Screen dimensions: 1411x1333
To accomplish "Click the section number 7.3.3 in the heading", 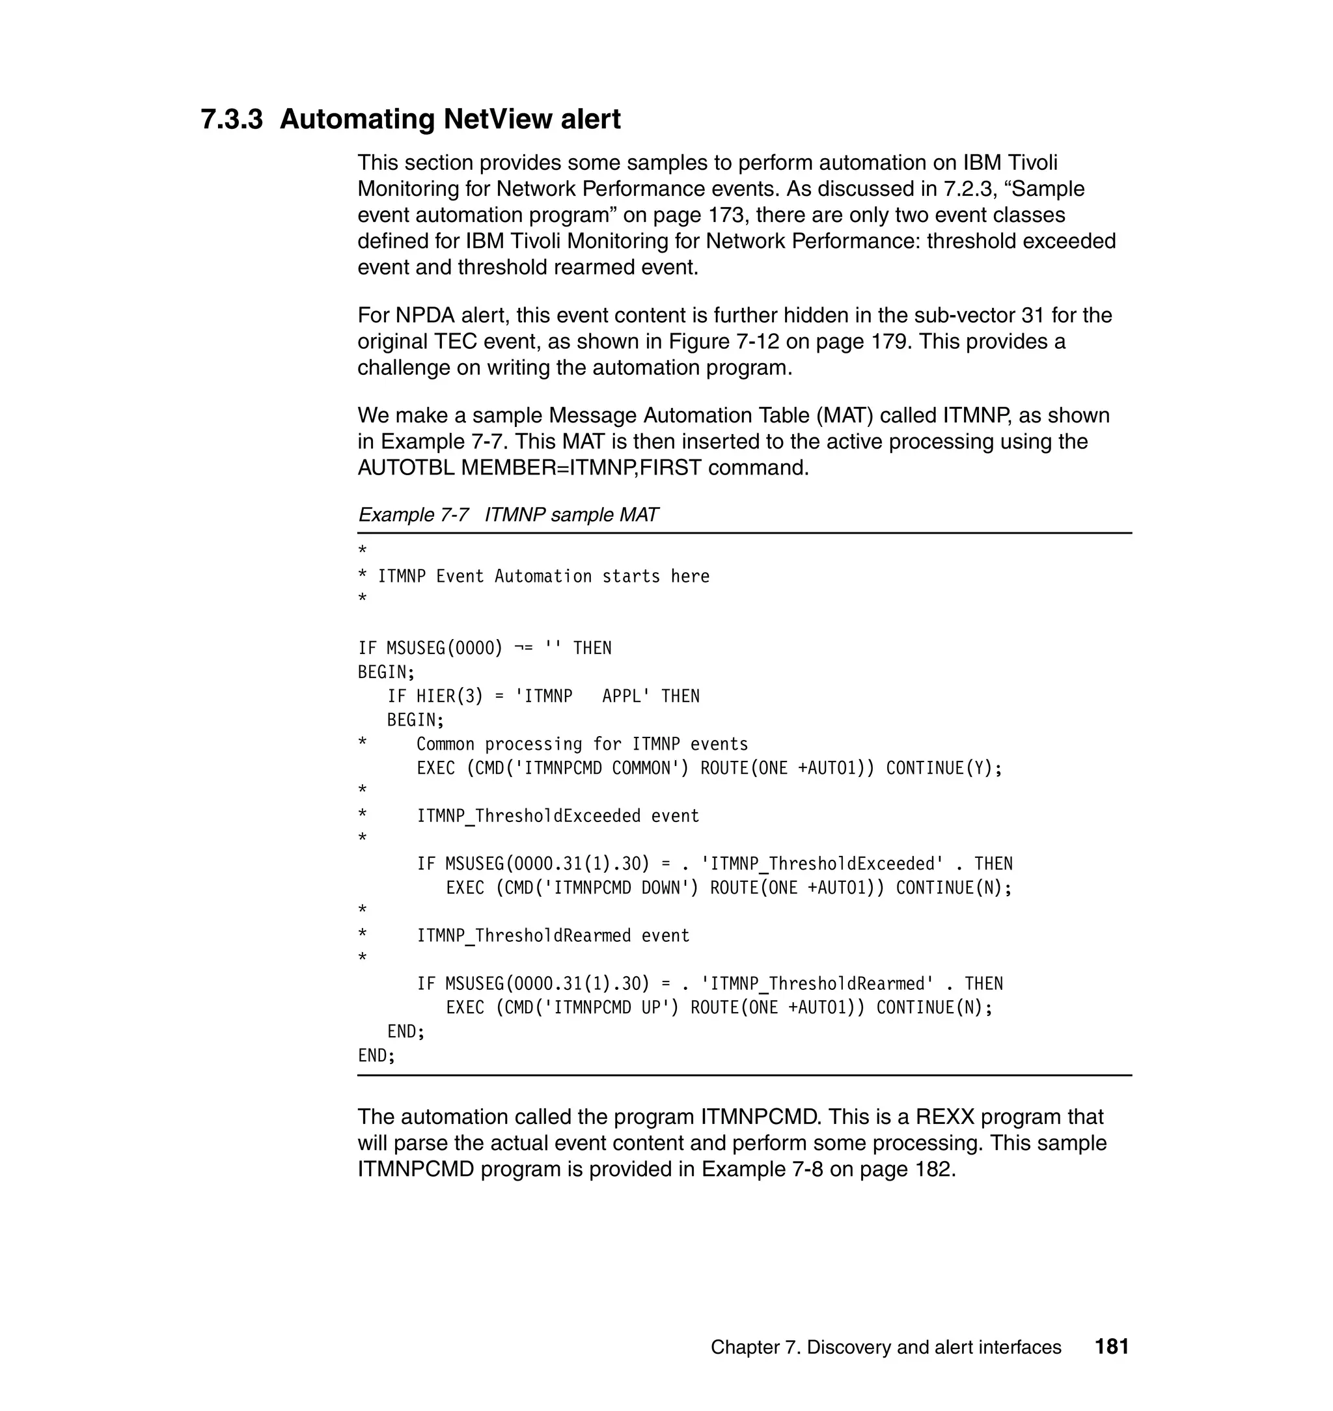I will [232, 119].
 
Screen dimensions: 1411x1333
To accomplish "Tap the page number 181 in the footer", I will [1111, 1347].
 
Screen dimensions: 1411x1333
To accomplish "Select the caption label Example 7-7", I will [413, 514].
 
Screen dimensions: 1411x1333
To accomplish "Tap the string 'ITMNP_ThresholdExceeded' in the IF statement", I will [822, 863].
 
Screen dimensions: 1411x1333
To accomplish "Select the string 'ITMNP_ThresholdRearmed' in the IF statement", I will [817, 983].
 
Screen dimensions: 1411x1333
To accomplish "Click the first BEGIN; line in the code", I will [386, 672].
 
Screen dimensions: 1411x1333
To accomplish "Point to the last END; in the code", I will [376, 1055].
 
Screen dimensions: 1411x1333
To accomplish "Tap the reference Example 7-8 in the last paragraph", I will [762, 1169].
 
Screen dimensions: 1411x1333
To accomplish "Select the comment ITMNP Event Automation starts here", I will [543, 576].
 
